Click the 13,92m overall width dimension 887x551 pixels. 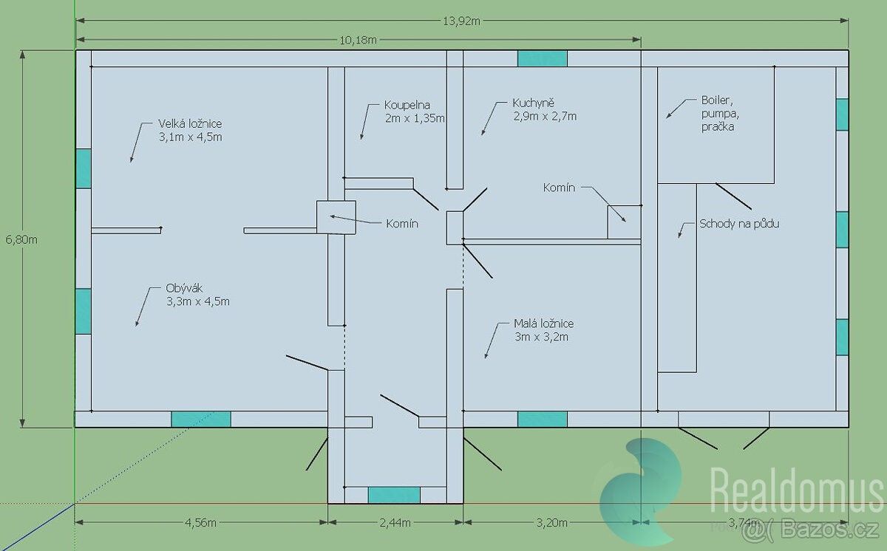pos(461,21)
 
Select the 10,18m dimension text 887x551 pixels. pos(358,40)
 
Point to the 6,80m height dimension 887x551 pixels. pos(21,239)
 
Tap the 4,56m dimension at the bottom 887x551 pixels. pos(201,522)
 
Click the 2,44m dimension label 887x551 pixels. pos(395,522)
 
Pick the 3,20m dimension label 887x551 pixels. pos(551,522)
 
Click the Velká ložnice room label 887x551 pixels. pos(190,130)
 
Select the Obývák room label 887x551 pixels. pos(197,295)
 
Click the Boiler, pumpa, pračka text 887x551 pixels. pos(720,114)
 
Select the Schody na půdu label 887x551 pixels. pos(739,224)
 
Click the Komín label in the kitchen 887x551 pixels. pos(559,188)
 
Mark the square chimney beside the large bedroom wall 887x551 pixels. pos(336,217)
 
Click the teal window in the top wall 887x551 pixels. pos(542,58)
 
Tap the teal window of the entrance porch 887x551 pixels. pos(394,495)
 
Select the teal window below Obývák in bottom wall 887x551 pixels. pos(201,420)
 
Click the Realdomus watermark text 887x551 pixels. pos(796,490)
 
